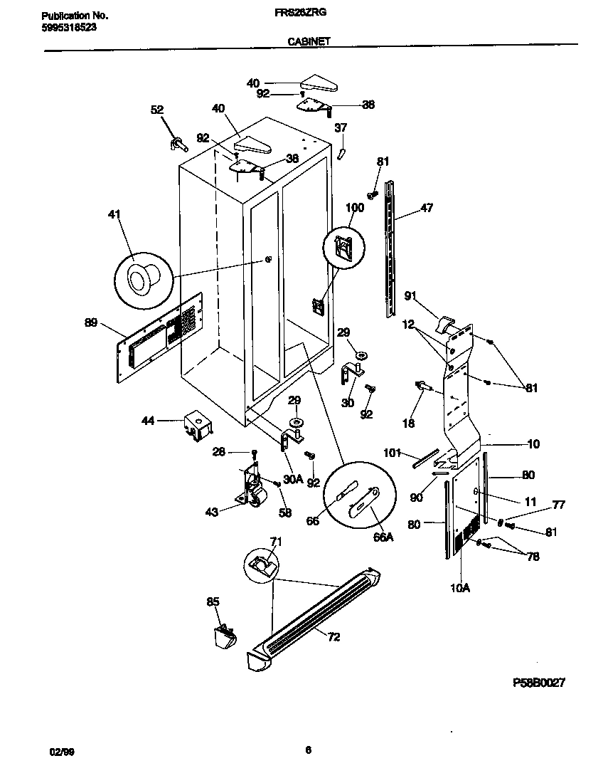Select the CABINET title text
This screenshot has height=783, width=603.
click(x=309, y=42)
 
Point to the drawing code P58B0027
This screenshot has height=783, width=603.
click(x=539, y=682)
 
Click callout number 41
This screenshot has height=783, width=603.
click(x=114, y=214)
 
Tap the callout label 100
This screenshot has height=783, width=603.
click(x=354, y=208)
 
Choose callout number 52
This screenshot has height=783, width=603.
click(x=157, y=110)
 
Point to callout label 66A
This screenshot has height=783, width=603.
click(x=383, y=538)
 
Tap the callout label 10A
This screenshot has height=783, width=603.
click(x=461, y=587)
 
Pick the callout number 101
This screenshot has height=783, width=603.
click(x=393, y=453)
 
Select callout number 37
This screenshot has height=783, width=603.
click(x=341, y=128)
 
